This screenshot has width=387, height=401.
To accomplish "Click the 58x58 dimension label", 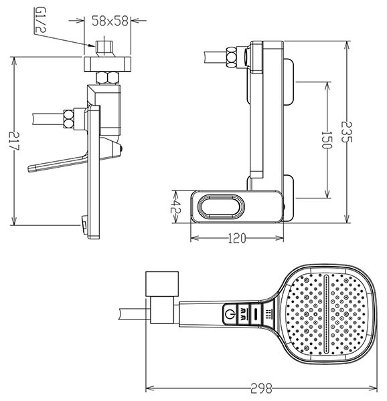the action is (110, 21).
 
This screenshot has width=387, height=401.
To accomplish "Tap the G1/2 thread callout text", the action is (40, 20).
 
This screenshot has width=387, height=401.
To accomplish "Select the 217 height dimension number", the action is (14, 141).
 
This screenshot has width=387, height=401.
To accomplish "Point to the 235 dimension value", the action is (347, 132).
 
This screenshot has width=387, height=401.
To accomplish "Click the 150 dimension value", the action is (327, 140).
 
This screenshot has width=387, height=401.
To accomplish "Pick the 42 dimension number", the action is (176, 207).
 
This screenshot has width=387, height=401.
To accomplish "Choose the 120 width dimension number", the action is (236, 239).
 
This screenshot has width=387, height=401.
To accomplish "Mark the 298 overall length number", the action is (261, 388).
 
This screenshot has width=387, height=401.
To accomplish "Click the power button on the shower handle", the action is (230, 313).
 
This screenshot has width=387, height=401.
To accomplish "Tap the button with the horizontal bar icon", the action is (256, 314).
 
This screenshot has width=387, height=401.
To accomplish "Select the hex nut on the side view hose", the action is (231, 57).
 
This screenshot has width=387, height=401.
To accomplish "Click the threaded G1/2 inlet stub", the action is (106, 48).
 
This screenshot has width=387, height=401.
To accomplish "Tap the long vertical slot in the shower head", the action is (326, 314).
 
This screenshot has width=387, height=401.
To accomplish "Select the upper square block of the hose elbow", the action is (162, 284).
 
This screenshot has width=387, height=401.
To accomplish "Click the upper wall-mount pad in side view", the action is (289, 82).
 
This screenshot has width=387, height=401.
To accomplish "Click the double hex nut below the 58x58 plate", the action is (108, 78).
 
